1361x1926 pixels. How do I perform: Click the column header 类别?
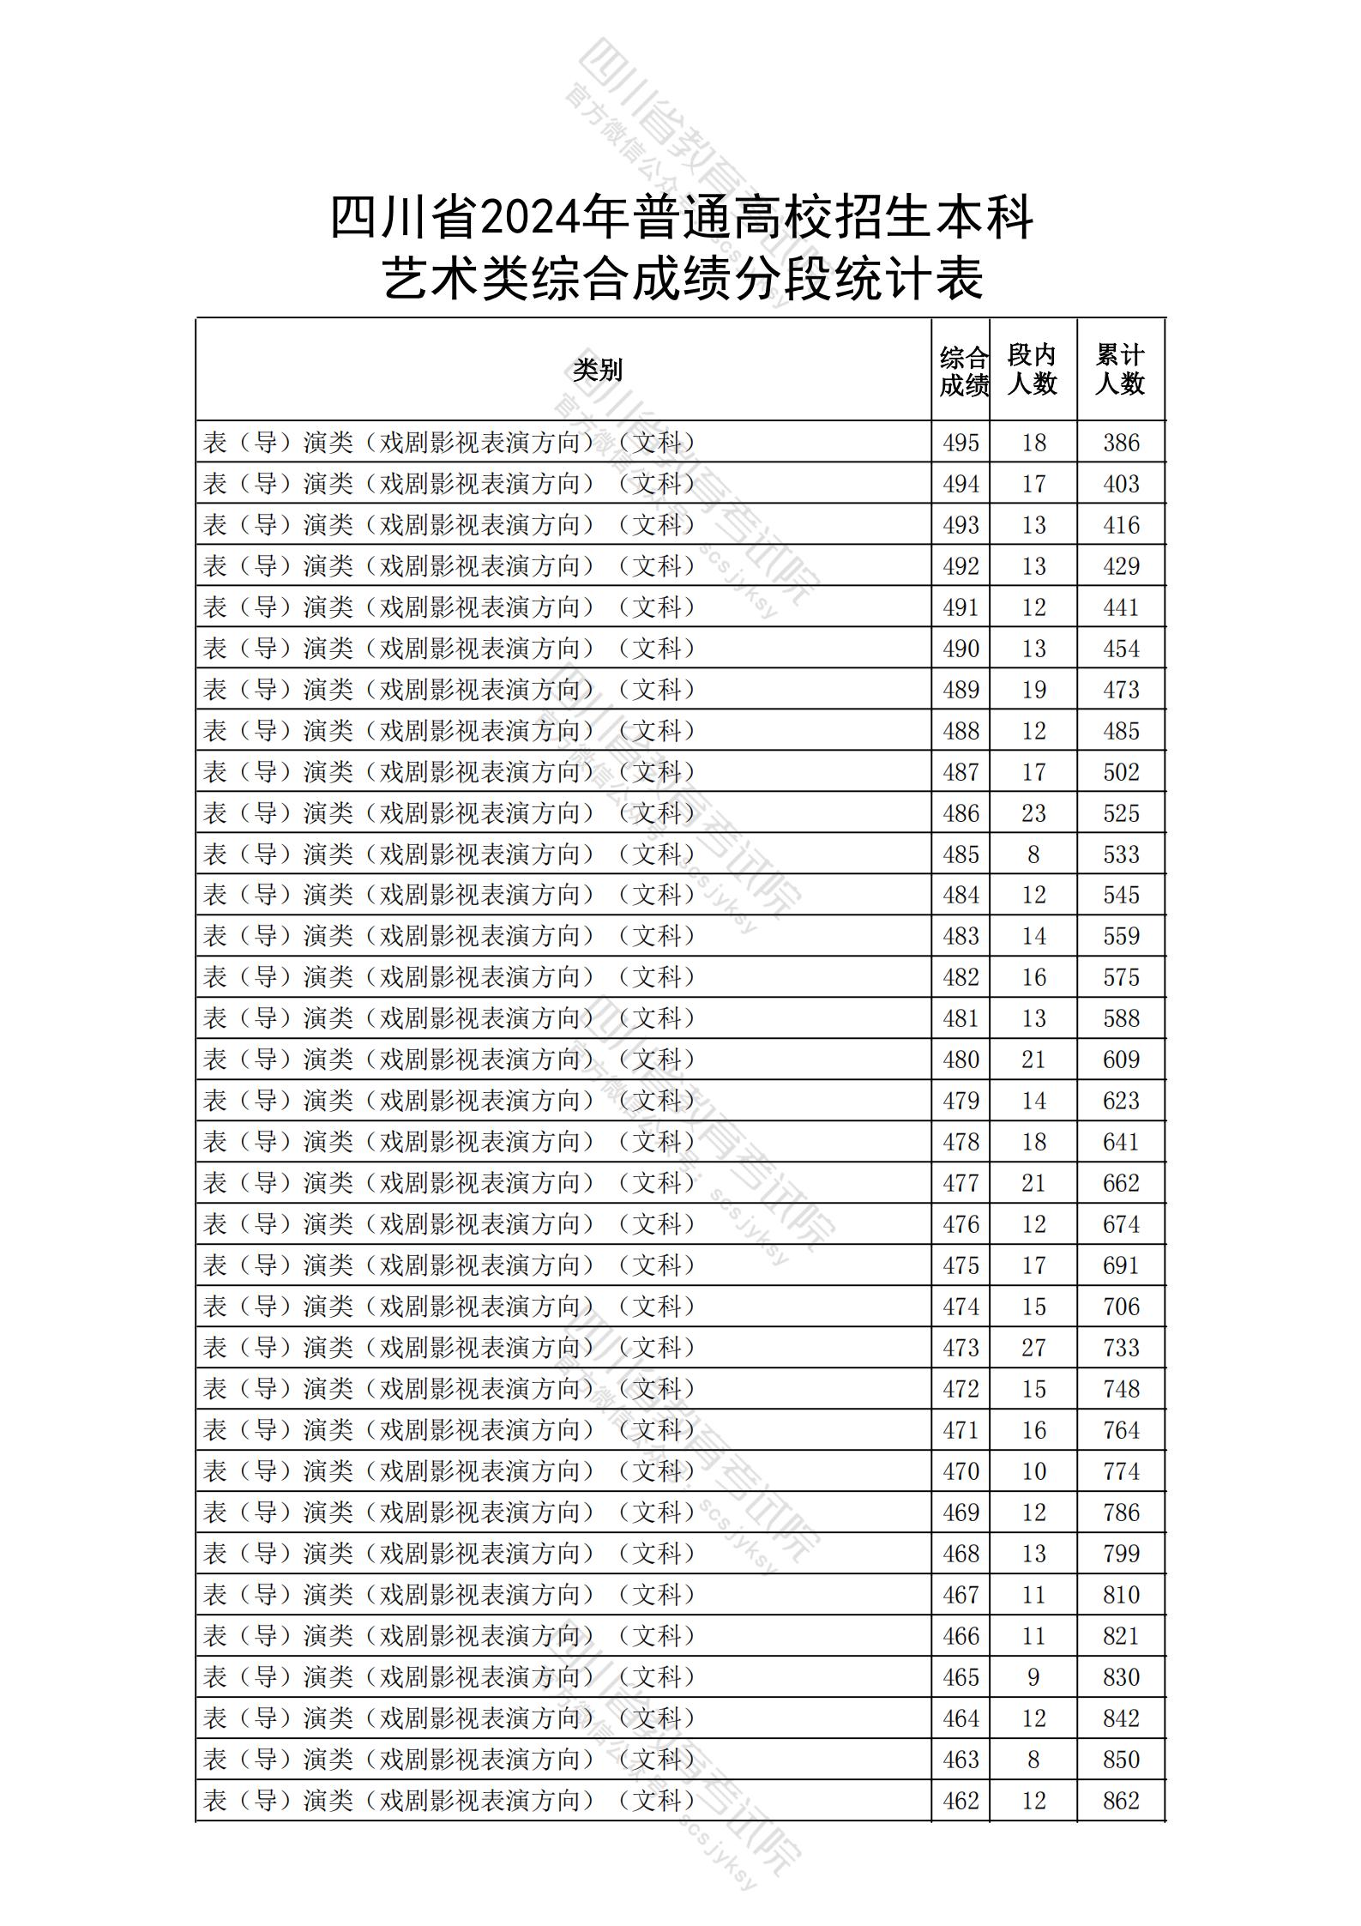click(598, 370)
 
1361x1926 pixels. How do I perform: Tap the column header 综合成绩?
click(963, 371)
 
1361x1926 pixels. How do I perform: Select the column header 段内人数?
click(1032, 370)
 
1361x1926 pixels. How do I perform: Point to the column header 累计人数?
click(1120, 370)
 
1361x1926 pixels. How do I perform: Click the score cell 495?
click(961, 443)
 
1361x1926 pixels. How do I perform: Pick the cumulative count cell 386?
click(1121, 443)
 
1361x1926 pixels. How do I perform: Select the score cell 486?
click(961, 812)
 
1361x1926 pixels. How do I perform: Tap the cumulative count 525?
click(1121, 812)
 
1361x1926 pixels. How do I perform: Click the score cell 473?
click(961, 1347)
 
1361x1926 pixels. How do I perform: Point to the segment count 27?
click(1033, 1347)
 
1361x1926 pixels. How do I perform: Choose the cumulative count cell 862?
click(1121, 1800)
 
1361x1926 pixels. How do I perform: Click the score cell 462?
click(961, 1800)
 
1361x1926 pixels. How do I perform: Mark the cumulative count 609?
click(1121, 1060)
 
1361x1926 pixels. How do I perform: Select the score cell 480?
click(961, 1060)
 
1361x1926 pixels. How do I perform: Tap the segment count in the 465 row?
click(1033, 1676)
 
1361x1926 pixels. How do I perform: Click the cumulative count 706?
click(1121, 1307)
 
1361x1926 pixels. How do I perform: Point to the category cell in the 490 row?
click(449, 649)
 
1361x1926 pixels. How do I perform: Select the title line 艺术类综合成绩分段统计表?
click(683, 279)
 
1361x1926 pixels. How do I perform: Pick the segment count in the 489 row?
click(1033, 690)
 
